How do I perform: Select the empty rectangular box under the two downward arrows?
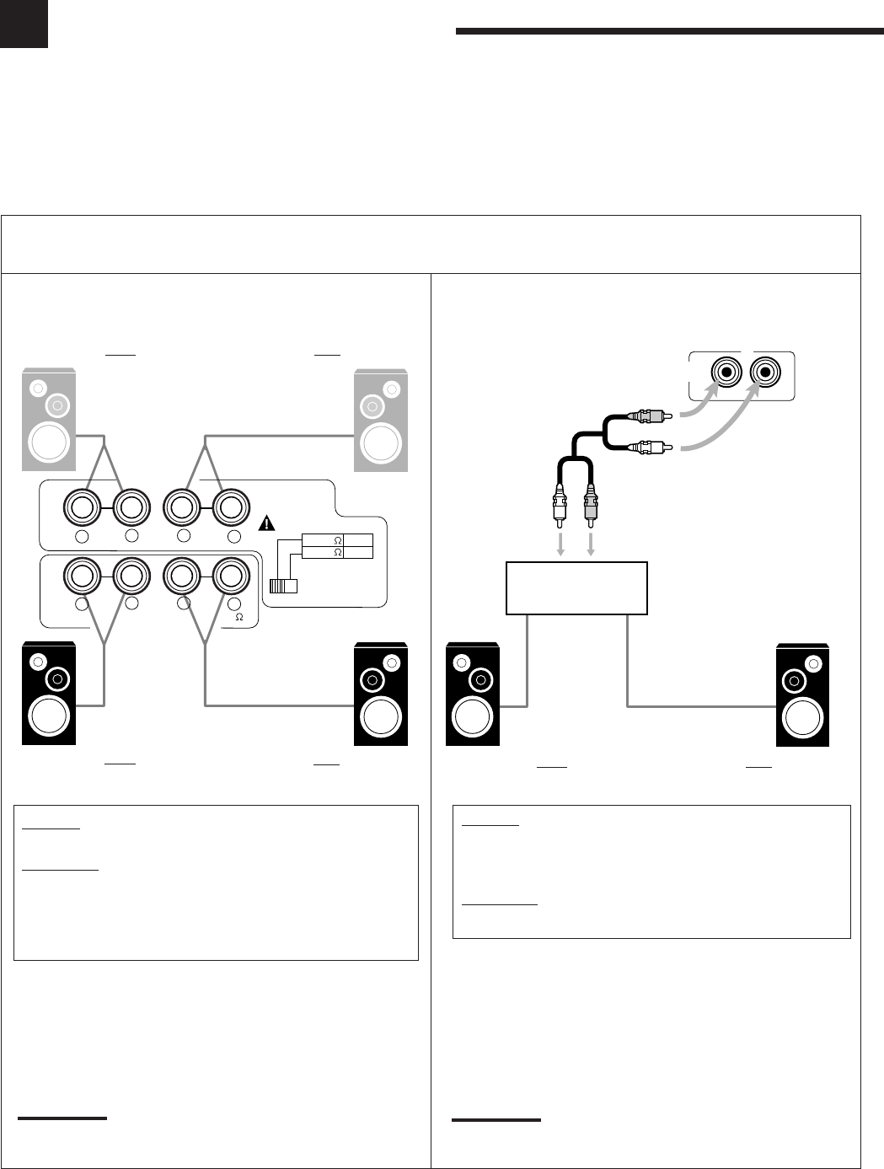pos(576,587)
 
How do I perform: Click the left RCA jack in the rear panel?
pos(726,372)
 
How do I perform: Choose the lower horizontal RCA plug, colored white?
pos(650,448)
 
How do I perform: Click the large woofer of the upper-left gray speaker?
pos(48,441)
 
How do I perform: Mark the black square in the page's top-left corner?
pos(24,24)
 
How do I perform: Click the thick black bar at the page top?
pos(669,32)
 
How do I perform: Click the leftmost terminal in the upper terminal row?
pos(82,508)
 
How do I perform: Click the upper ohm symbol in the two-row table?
pos(336,539)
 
